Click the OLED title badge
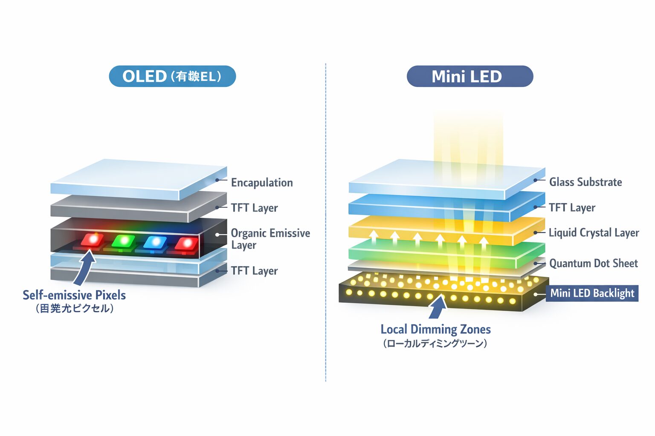click(172, 76)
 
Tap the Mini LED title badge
click(470, 76)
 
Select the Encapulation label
click(262, 183)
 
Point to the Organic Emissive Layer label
click(270, 239)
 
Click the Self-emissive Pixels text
click(74, 295)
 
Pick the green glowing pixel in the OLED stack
click(124, 241)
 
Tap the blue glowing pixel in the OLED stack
click(155, 242)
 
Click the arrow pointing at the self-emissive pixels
click(85, 267)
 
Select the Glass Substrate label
click(585, 182)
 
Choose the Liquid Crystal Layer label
click(594, 233)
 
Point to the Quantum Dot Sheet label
click(593, 264)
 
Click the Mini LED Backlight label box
click(592, 293)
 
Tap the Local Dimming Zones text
click(435, 329)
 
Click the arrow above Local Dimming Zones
click(438, 307)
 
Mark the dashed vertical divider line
click(326, 221)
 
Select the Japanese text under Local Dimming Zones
click(435, 343)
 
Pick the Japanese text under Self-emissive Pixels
click(75, 308)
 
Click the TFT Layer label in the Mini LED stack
click(572, 208)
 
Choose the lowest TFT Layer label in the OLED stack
click(254, 271)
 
